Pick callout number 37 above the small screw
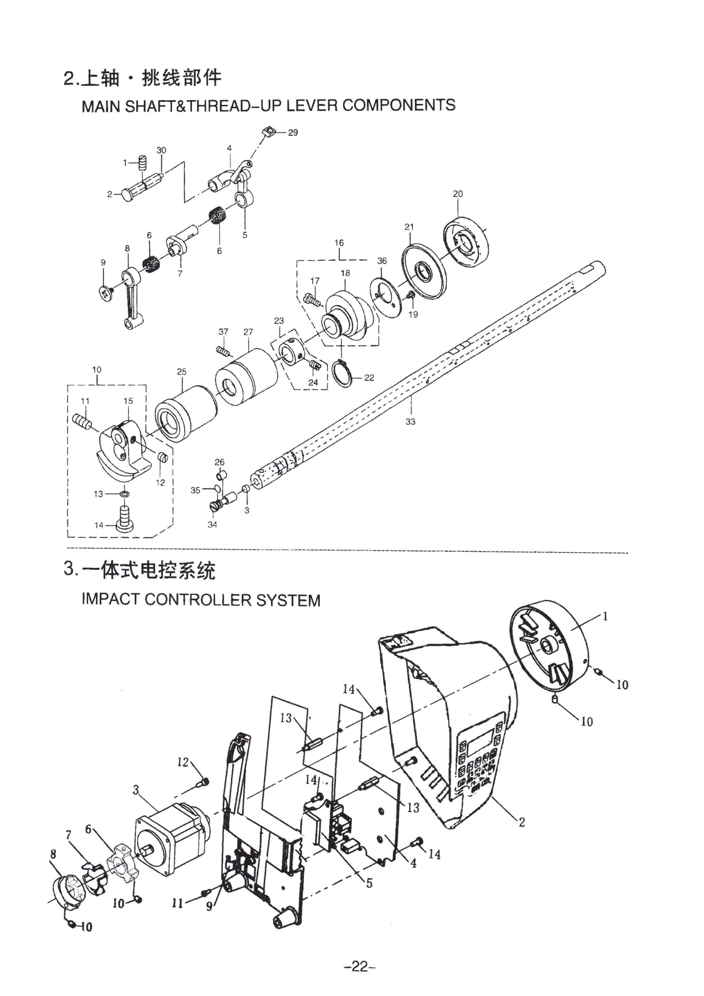tap(223, 332)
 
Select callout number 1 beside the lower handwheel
tap(605, 616)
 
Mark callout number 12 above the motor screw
tap(183, 762)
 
